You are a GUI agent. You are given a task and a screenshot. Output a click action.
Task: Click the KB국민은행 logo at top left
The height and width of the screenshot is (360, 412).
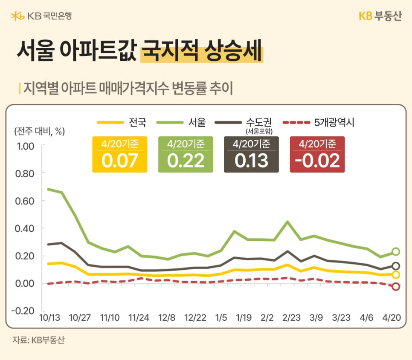[x=41, y=16]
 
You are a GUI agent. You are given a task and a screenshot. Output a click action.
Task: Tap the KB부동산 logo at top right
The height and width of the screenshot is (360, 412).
[x=380, y=16]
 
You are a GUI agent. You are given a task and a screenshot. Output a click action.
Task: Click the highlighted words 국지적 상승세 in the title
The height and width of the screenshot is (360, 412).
[x=201, y=51]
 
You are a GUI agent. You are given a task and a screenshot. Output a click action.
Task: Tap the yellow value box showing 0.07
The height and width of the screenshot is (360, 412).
[x=120, y=155]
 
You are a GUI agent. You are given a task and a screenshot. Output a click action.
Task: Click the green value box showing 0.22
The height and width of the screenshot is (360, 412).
[x=186, y=155]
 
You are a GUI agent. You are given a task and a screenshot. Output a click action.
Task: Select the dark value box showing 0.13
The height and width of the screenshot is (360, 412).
[x=251, y=155]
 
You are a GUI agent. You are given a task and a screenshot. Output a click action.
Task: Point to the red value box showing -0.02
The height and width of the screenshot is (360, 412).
[x=317, y=155]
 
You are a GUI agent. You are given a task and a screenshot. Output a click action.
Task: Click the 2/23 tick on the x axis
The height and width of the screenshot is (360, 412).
[x=292, y=318]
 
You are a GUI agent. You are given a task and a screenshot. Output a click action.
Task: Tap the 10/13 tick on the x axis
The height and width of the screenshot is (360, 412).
[x=50, y=318]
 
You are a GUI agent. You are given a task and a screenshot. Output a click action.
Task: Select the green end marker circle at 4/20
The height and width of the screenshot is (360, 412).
[x=396, y=252]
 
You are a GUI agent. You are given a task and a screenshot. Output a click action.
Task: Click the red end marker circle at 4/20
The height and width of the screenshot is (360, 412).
[x=396, y=287]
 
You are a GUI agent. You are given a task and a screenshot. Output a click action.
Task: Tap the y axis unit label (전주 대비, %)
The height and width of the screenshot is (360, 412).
[x=39, y=131]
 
